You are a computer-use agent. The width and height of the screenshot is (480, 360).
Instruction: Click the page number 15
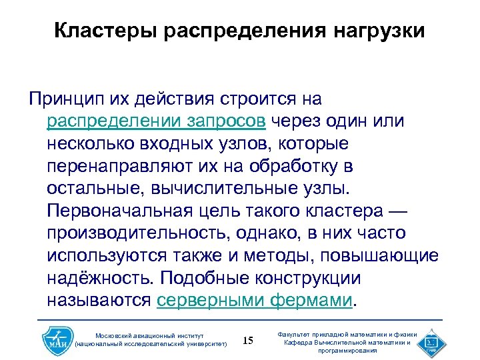pyautogui.click(x=248, y=341)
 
